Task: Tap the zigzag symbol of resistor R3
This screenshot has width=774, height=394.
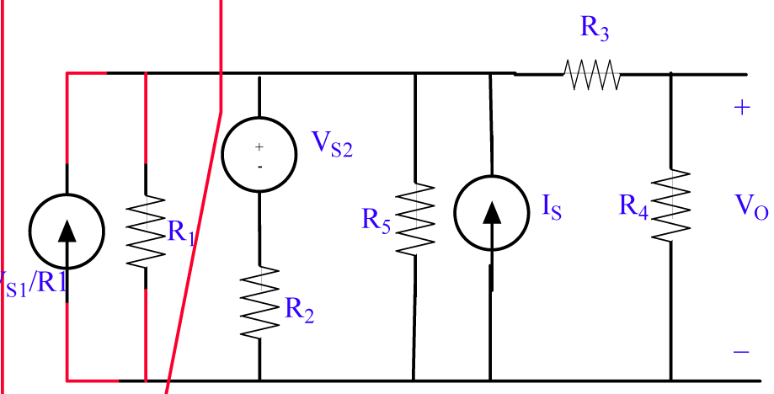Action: click(592, 74)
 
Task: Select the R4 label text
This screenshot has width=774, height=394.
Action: click(633, 205)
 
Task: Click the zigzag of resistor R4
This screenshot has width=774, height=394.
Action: click(671, 205)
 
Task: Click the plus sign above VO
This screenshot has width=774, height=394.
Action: click(741, 109)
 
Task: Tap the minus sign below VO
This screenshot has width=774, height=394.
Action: click(741, 352)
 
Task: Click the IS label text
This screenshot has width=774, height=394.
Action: click(552, 207)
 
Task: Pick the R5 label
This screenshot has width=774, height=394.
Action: click(376, 221)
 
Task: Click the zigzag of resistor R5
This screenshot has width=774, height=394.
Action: click(415, 214)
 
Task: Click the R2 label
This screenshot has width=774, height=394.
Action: click(300, 310)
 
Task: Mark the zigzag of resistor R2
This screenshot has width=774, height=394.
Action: click(259, 301)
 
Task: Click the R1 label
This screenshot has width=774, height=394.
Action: click(182, 233)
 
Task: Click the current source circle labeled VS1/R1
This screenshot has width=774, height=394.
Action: click(67, 228)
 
